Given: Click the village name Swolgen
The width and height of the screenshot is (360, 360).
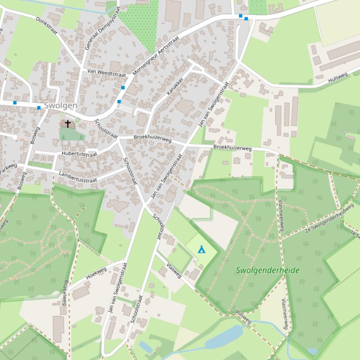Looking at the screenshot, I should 60,106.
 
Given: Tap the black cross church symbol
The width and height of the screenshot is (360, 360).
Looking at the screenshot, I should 68,124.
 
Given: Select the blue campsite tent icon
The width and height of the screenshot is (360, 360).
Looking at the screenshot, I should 201,249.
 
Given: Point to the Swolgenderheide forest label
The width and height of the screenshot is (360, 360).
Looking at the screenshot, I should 267,270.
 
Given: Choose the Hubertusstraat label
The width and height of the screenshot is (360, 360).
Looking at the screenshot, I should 79,154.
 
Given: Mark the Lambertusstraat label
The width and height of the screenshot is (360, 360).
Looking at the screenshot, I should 78,177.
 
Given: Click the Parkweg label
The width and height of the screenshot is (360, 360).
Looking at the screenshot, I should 8,169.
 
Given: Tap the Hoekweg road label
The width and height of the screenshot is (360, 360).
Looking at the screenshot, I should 96,273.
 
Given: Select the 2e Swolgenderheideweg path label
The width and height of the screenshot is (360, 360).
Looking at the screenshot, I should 329,217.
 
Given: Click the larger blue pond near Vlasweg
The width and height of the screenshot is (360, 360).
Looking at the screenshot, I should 224,337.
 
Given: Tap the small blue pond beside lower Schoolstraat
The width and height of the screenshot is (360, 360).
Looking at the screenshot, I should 145,347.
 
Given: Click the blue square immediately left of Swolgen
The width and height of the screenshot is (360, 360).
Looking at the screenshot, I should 39,108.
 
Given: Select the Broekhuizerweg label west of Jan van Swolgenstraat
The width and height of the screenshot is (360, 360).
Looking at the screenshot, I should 152,138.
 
